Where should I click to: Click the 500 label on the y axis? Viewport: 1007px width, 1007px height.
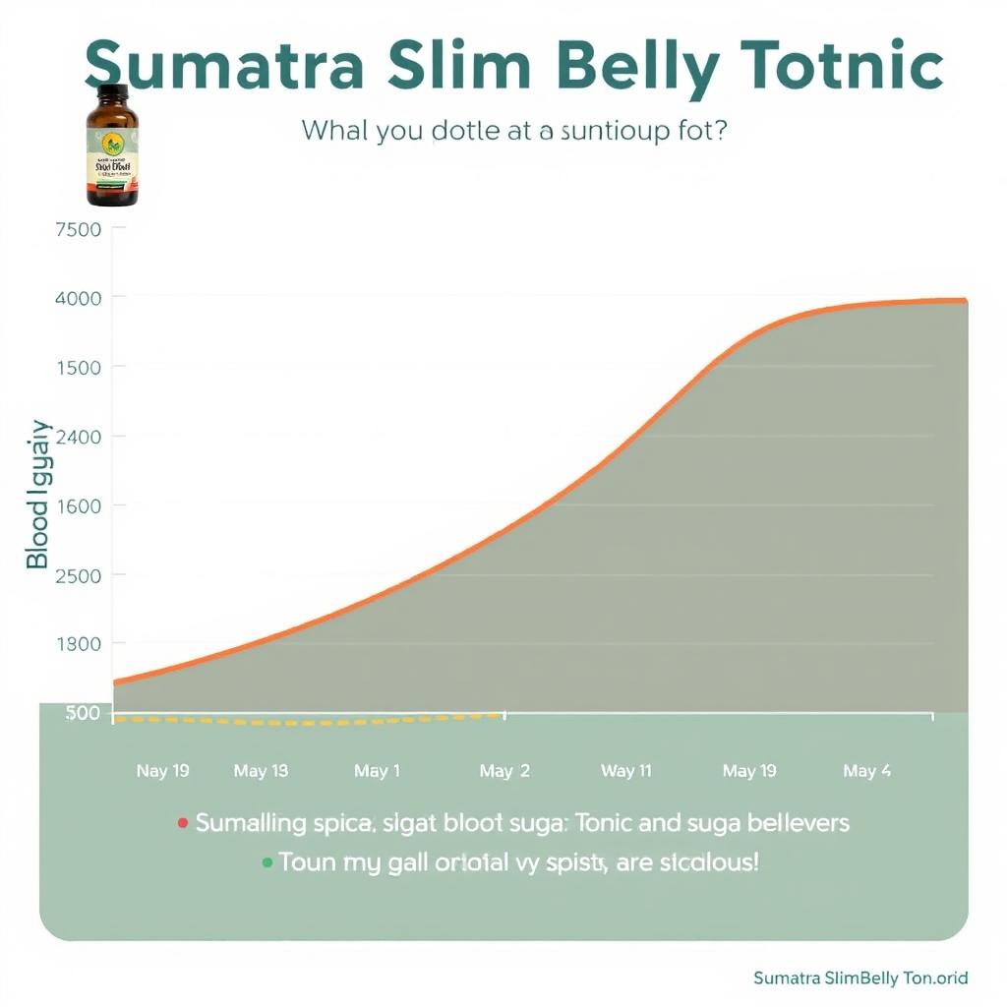tap(83, 713)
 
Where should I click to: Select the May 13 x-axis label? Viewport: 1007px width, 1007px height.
tap(261, 771)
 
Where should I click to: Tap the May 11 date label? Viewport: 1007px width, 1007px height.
tap(625, 771)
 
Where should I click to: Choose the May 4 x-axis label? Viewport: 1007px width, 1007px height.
tap(866, 771)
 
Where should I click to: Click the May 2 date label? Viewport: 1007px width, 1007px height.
tap(504, 771)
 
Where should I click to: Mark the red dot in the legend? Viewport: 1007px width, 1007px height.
tap(182, 822)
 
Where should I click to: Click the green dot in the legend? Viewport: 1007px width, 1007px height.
tap(267, 863)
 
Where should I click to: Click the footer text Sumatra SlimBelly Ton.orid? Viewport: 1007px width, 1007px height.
tap(860, 977)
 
